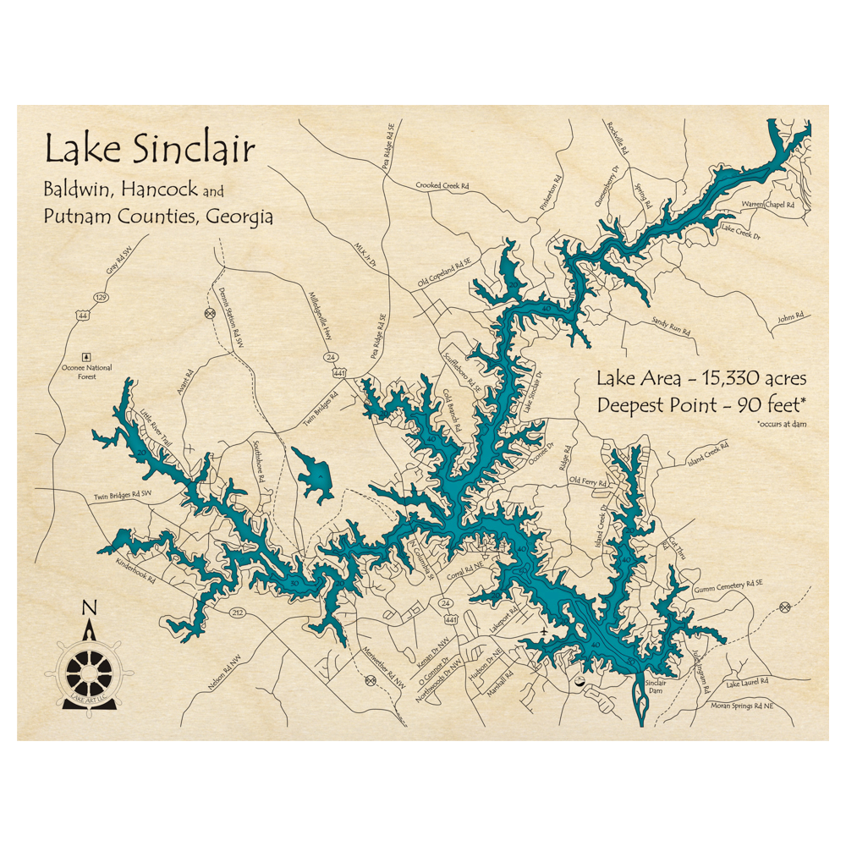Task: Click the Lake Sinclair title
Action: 149,150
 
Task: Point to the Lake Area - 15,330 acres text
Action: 701,377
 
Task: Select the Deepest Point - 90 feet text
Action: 700,404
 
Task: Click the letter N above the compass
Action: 88,607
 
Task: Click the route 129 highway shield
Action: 102,298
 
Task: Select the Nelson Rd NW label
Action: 228,672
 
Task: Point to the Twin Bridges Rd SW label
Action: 123,494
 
